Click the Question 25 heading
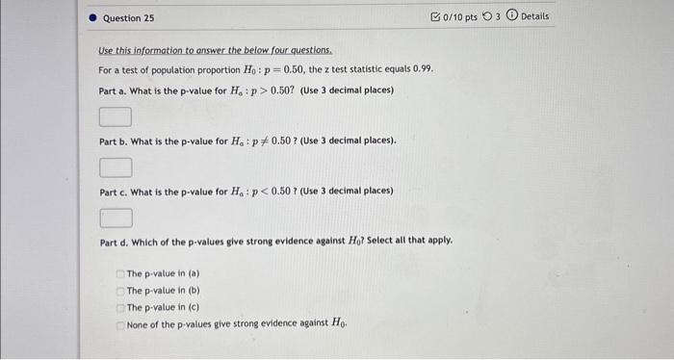click(x=128, y=18)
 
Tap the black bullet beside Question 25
click(x=91, y=18)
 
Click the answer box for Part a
click(x=115, y=117)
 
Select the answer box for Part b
click(x=115, y=167)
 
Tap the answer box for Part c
click(x=115, y=218)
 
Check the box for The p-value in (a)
click(x=119, y=274)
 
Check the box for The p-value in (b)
click(x=119, y=291)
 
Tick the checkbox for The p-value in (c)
click(x=119, y=307)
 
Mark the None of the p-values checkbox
click(x=119, y=324)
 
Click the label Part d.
click(x=117, y=242)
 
